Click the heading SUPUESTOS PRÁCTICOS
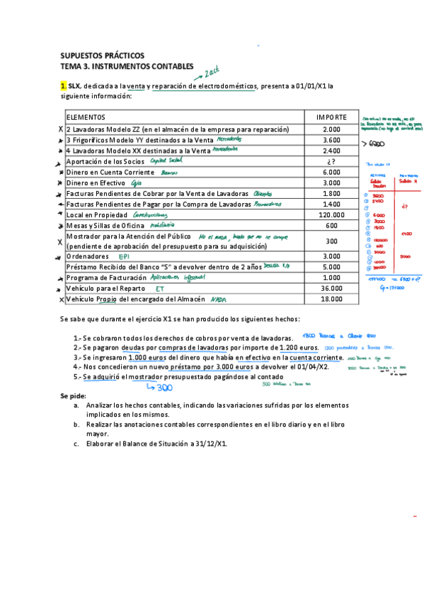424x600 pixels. coord(102,55)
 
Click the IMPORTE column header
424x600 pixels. coord(331,116)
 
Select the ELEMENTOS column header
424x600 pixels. coord(86,116)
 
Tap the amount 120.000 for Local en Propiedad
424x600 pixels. coord(331,214)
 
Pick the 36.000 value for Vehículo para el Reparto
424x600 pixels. coord(331,289)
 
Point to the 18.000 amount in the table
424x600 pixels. coord(331,299)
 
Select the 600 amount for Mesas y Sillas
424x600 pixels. coord(331,225)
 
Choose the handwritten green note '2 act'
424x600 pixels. coord(210,71)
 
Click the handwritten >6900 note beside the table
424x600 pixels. coord(374,143)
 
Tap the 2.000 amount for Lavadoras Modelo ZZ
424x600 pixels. coord(331,129)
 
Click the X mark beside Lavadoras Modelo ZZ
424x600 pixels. coord(61,130)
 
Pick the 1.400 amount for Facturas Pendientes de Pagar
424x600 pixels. coord(331,204)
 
